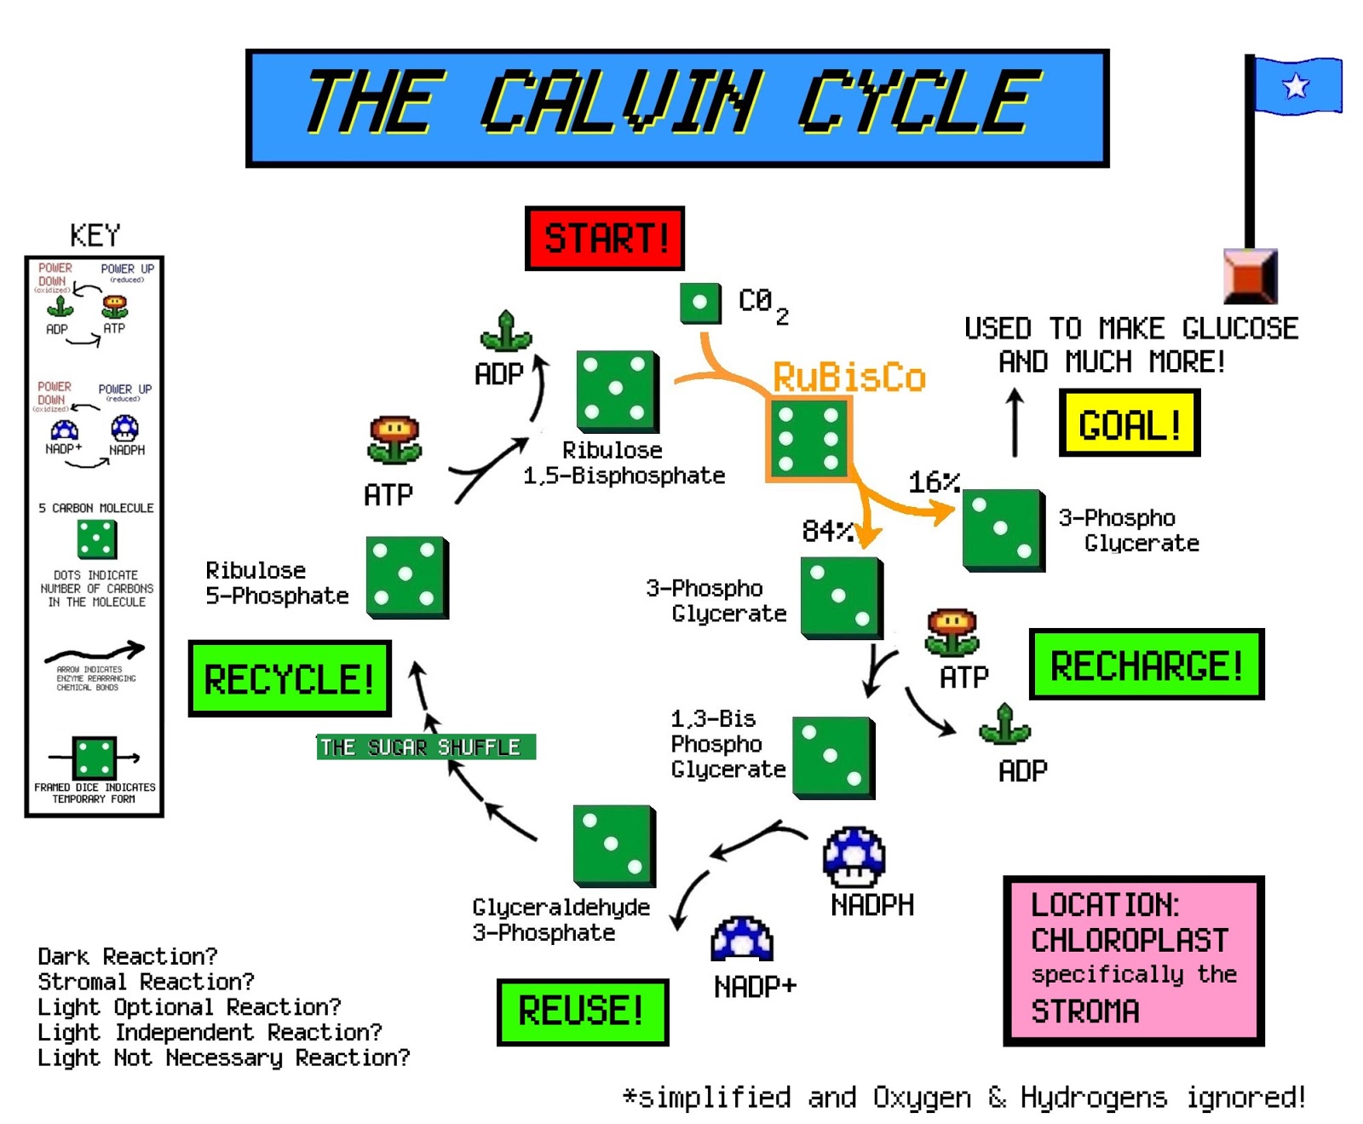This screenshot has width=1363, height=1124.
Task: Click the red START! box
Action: (604, 238)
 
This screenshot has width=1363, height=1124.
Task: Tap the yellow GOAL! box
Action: (1129, 424)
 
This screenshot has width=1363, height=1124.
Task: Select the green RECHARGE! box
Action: (1146, 665)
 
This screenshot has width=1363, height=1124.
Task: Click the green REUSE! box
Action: (582, 1012)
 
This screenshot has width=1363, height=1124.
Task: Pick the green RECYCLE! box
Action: (289, 678)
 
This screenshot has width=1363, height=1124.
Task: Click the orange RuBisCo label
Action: (848, 378)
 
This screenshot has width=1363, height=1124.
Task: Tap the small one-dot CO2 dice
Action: (700, 303)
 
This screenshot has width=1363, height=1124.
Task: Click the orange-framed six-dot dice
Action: (808, 439)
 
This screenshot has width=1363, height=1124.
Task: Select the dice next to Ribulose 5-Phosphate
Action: (406, 576)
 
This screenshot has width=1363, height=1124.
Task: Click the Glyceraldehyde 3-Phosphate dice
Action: (613, 844)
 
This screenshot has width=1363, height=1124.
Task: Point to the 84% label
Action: (826, 531)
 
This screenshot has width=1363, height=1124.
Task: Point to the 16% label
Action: (934, 482)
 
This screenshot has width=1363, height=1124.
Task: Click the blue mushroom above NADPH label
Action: (854, 856)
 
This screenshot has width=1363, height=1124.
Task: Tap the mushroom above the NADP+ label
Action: (742, 938)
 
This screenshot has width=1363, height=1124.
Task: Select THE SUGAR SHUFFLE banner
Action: (426, 746)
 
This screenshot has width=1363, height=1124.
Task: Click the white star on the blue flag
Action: (1296, 85)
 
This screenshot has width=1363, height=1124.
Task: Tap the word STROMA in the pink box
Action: (1084, 1012)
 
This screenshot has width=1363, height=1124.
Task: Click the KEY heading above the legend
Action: (95, 234)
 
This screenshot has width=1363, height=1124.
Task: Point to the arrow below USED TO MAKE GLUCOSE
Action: (1014, 422)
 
